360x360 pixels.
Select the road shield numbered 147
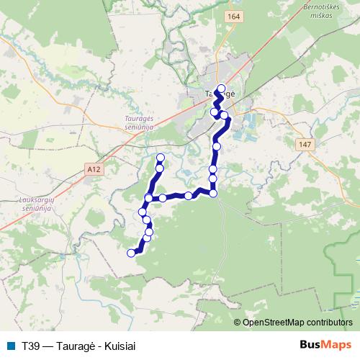click(304, 145)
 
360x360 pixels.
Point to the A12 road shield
click(93, 168)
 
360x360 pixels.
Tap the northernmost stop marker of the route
click(221, 89)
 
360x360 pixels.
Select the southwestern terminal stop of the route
click(131, 253)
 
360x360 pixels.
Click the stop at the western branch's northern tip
click(161, 158)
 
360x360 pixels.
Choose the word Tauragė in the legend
click(74, 346)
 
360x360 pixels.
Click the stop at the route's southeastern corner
click(213, 192)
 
